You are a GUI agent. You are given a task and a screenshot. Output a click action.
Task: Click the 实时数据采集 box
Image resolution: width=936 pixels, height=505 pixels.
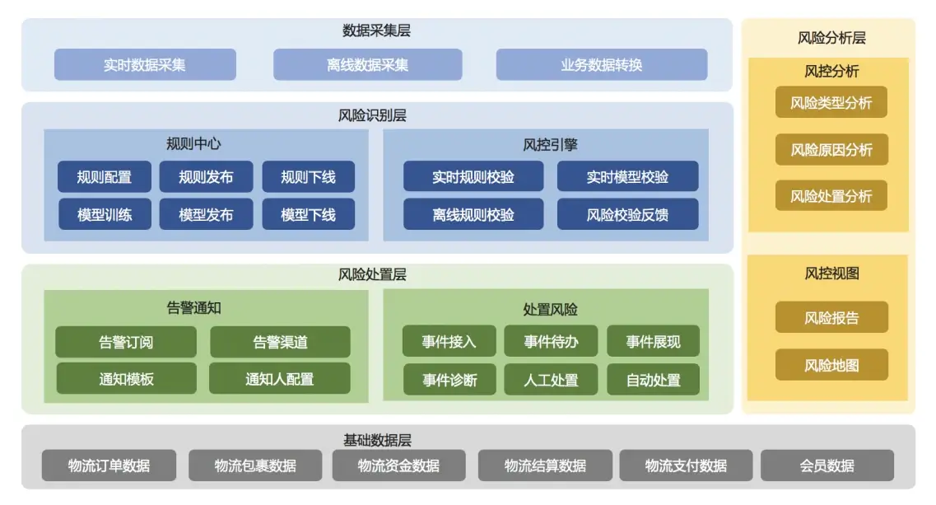click(145, 64)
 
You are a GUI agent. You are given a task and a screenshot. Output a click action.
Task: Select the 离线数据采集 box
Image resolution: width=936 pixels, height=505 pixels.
click(367, 64)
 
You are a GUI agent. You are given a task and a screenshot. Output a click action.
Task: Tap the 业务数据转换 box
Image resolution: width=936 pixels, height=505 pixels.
click(601, 64)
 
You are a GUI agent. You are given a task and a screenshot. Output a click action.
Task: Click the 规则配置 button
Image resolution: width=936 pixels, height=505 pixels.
click(104, 176)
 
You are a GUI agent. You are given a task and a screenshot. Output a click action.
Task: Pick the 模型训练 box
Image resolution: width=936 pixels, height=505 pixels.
click(104, 214)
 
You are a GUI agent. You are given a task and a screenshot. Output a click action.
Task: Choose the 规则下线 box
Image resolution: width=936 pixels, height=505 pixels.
click(308, 176)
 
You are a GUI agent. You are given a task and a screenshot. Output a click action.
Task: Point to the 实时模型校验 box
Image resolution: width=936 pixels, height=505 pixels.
click(627, 176)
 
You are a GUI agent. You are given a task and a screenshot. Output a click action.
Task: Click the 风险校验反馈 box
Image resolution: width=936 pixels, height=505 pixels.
click(627, 214)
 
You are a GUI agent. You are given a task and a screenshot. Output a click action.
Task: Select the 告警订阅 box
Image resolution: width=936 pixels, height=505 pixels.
click(126, 342)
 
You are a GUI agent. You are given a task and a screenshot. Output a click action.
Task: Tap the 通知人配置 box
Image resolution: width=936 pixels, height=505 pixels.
click(279, 379)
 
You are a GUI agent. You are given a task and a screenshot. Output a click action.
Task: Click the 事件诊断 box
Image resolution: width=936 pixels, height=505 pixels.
click(449, 380)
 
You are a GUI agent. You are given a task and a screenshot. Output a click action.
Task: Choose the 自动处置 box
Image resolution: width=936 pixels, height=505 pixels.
click(653, 380)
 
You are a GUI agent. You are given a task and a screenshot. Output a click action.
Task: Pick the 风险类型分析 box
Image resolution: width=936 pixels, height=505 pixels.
click(831, 102)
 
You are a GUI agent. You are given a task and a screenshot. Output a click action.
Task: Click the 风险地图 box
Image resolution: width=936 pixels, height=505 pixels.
click(831, 365)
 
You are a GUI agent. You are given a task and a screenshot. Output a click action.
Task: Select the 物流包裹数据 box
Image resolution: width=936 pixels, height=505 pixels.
click(255, 465)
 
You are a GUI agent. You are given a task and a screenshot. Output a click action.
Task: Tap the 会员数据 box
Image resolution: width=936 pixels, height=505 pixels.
click(827, 465)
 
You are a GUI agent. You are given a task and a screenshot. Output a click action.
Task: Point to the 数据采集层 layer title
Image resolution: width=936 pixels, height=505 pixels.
click(376, 31)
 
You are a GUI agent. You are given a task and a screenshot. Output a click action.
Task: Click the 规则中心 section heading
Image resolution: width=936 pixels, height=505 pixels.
click(193, 143)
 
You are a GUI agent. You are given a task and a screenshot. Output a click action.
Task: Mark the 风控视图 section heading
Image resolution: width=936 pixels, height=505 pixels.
click(831, 274)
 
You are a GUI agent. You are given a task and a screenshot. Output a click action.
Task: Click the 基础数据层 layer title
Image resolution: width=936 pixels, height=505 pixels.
click(376, 440)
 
